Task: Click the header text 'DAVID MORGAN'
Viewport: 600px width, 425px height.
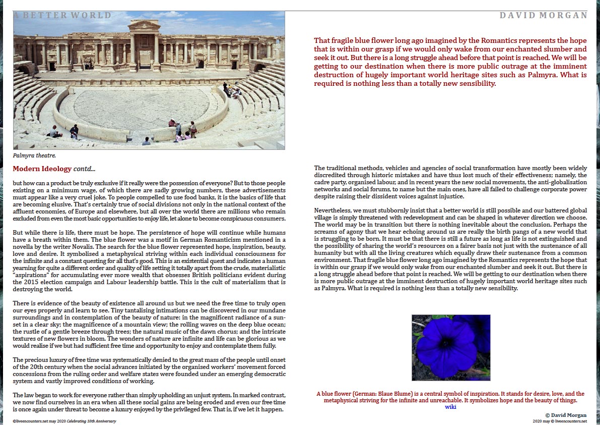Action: (x=543, y=15)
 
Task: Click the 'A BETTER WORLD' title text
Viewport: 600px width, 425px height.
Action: (x=62, y=15)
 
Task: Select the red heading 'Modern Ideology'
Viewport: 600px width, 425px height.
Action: (x=42, y=169)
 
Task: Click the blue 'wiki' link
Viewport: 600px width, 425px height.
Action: (x=450, y=407)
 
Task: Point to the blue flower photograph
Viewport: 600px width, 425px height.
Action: (x=450, y=347)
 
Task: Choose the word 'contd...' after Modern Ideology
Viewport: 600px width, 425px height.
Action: (x=84, y=169)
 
